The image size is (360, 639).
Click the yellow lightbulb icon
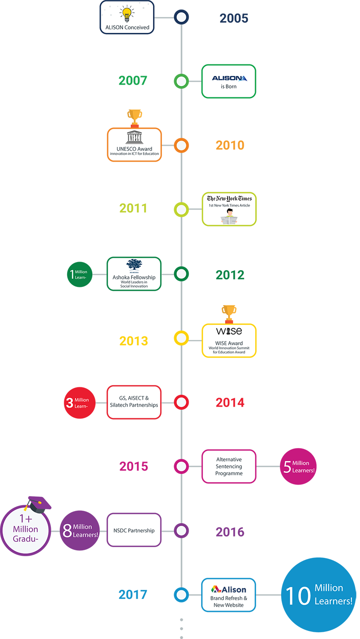point(126,14)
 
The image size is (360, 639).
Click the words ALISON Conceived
point(127,27)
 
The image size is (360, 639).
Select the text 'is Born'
point(229,86)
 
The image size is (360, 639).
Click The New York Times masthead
point(229,199)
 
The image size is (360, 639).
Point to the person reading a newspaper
point(229,216)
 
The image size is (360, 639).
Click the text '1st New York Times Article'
point(229,206)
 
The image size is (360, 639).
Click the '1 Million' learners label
point(79,274)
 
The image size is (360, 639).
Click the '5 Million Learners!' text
point(299,467)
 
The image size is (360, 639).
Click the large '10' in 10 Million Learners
point(298,595)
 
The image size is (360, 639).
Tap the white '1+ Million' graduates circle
point(26,529)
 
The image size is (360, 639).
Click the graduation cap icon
point(35,505)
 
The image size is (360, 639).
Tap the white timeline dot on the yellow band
point(181,338)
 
